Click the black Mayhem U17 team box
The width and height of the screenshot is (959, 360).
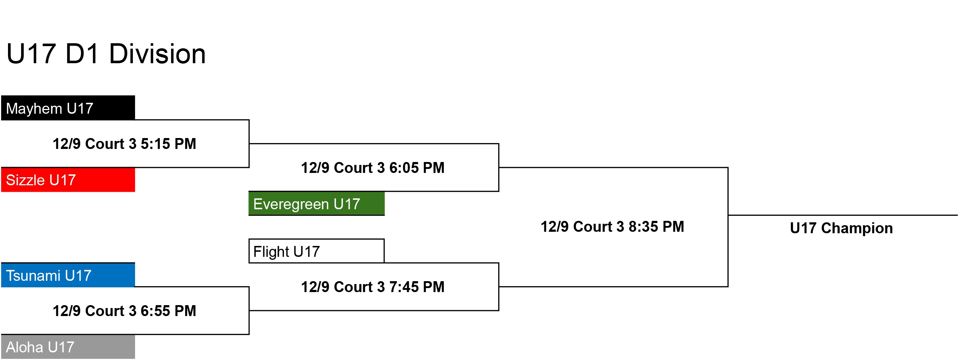coord(68,108)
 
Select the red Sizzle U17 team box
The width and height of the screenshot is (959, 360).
coord(68,180)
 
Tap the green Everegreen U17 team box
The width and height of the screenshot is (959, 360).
coord(316,204)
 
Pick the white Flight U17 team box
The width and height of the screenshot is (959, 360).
coord(316,251)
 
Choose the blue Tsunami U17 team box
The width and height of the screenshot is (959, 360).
coord(68,275)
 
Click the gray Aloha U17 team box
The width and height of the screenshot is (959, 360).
coord(68,347)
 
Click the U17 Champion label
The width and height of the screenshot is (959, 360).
coord(841,228)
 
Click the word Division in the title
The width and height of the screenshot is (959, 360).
coord(157,54)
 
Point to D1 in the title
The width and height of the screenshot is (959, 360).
coord(82,54)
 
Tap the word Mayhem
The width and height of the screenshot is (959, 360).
coord(34,109)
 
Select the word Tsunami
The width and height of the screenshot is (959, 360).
coord(33,276)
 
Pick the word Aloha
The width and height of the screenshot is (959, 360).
coord(25,347)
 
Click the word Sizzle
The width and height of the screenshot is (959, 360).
coord(25,180)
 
